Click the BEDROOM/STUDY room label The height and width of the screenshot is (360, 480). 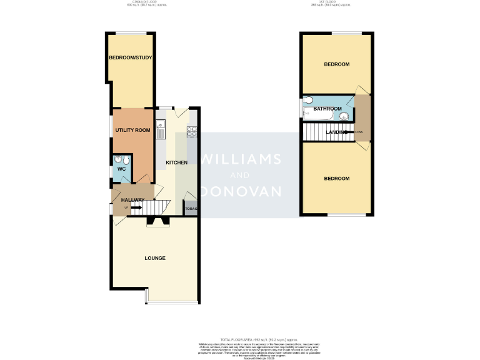[131, 57]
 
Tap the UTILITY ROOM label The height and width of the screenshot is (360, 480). [132, 130]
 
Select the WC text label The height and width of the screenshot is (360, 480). [121, 169]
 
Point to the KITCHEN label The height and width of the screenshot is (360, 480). [176, 163]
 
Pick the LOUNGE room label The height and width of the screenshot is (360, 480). [155, 258]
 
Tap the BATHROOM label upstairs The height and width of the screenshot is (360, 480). [327, 109]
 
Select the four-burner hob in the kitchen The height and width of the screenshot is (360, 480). [192, 131]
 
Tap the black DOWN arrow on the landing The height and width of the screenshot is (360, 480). [348, 132]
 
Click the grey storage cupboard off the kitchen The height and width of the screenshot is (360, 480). [191, 208]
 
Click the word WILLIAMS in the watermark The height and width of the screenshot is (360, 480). [241, 159]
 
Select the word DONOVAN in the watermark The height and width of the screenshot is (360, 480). [241, 191]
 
